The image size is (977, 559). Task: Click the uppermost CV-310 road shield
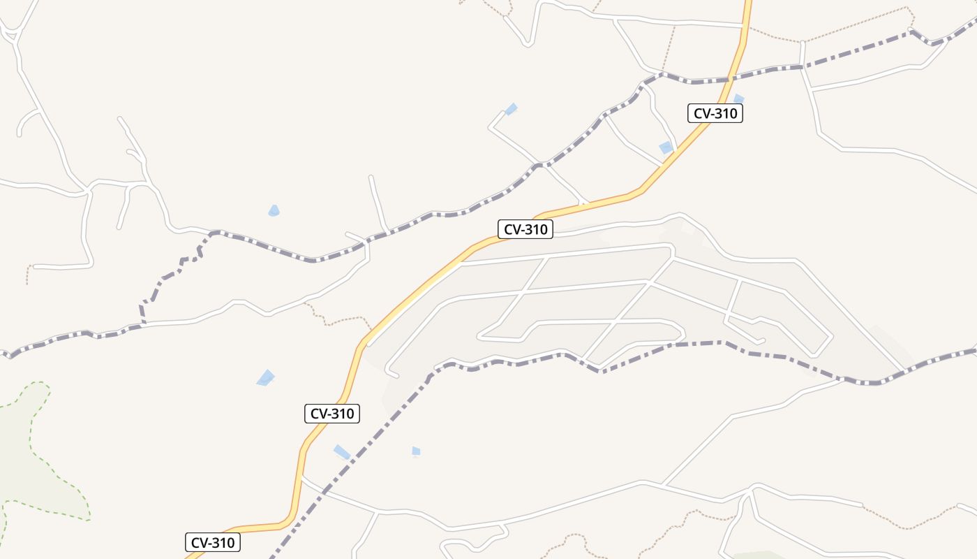point(715,113)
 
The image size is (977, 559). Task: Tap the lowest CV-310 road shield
point(213,542)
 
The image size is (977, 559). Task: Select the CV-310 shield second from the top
point(525,229)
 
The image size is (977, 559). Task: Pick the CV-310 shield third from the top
point(332,414)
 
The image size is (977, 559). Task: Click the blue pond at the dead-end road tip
point(512,108)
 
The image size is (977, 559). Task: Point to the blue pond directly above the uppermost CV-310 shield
point(738,99)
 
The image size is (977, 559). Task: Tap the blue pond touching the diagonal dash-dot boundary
point(342,452)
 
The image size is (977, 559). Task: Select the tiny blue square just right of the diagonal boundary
point(416,451)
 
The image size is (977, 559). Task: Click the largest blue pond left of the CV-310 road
point(265,378)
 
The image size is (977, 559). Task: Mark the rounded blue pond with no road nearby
point(274,210)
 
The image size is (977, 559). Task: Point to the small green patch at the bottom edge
point(761,556)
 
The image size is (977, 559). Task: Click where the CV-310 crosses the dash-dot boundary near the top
point(735,76)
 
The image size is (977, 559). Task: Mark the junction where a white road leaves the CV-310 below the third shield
point(302,479)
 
